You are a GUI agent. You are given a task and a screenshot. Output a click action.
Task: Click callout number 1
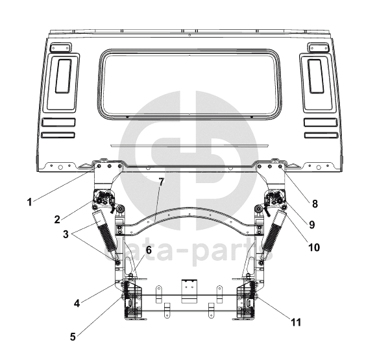(x=30, y=202)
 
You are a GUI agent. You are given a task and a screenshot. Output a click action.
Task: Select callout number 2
(x=57, y=219)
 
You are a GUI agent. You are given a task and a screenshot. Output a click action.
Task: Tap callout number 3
(x=66, y=234)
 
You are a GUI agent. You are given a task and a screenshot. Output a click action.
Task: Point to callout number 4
(x=77, y=304)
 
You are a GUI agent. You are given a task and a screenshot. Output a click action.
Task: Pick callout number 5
(x=73, y=337)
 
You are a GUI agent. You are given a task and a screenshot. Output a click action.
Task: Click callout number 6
(x=149, y=250)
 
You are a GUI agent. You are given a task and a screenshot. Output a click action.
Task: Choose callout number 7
(x=162, y=182)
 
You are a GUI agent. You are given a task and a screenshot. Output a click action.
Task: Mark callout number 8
(x=315, y=204)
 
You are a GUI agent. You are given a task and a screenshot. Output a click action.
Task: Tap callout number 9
(x=312, y=224)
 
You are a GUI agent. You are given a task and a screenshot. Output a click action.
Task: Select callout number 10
(x=314, y=247)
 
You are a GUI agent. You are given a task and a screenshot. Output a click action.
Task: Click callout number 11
(x=296, y=322)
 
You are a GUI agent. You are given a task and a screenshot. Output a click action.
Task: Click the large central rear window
(x=190, y=84)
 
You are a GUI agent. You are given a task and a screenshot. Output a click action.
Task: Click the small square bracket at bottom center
(x=189, y=291)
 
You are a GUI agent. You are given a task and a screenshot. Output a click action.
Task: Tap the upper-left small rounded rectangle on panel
(x=60, y=47)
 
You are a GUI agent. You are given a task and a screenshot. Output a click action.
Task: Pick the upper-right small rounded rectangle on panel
(x=319, y=47)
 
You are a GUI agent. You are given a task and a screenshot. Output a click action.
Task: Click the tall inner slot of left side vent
(x=64, y=76)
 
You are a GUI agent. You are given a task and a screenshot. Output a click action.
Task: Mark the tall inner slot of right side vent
(x=316, y=76)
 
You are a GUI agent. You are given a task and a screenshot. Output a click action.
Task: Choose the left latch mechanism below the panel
(x=104, y=198)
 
